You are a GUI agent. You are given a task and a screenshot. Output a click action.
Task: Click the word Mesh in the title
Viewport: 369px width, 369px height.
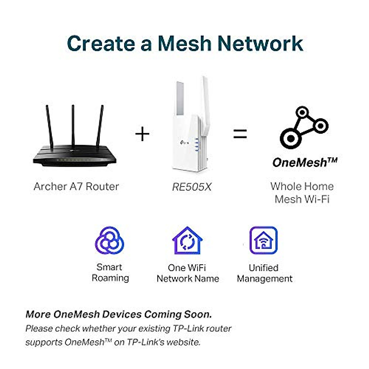pyautogui.click(x=185, y=43)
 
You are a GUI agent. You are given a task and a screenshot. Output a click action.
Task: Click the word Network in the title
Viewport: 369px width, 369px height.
pyautogui.click(x=260, y=43)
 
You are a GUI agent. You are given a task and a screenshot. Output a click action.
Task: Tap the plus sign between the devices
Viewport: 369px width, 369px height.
pyautogui.click(x=142, y=134)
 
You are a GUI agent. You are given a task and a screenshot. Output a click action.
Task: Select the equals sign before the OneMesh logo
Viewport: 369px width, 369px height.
pyautogui.click(x=240, y=134)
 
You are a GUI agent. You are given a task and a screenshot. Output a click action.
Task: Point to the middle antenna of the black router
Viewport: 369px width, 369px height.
pyautogui.click(x=73, y=126)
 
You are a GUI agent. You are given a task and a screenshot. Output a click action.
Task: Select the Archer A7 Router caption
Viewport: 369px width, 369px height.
pyautogui.click(x=76, y=186)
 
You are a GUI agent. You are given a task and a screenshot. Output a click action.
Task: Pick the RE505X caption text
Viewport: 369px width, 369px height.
pyautogui.click(x=192, y=187)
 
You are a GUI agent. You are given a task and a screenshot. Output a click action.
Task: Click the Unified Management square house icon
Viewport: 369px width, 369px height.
pyautogui.click(x=263, y=240)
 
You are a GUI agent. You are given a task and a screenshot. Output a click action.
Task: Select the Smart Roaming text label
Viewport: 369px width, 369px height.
pyautogui.click(x=110, y=272)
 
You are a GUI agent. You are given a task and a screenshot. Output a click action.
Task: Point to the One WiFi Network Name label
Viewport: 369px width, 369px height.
pyautogui.click(x=188, y=273)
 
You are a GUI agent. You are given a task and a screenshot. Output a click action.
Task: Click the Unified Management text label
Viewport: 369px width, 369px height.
pyautogui.click(x=264, y=273)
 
